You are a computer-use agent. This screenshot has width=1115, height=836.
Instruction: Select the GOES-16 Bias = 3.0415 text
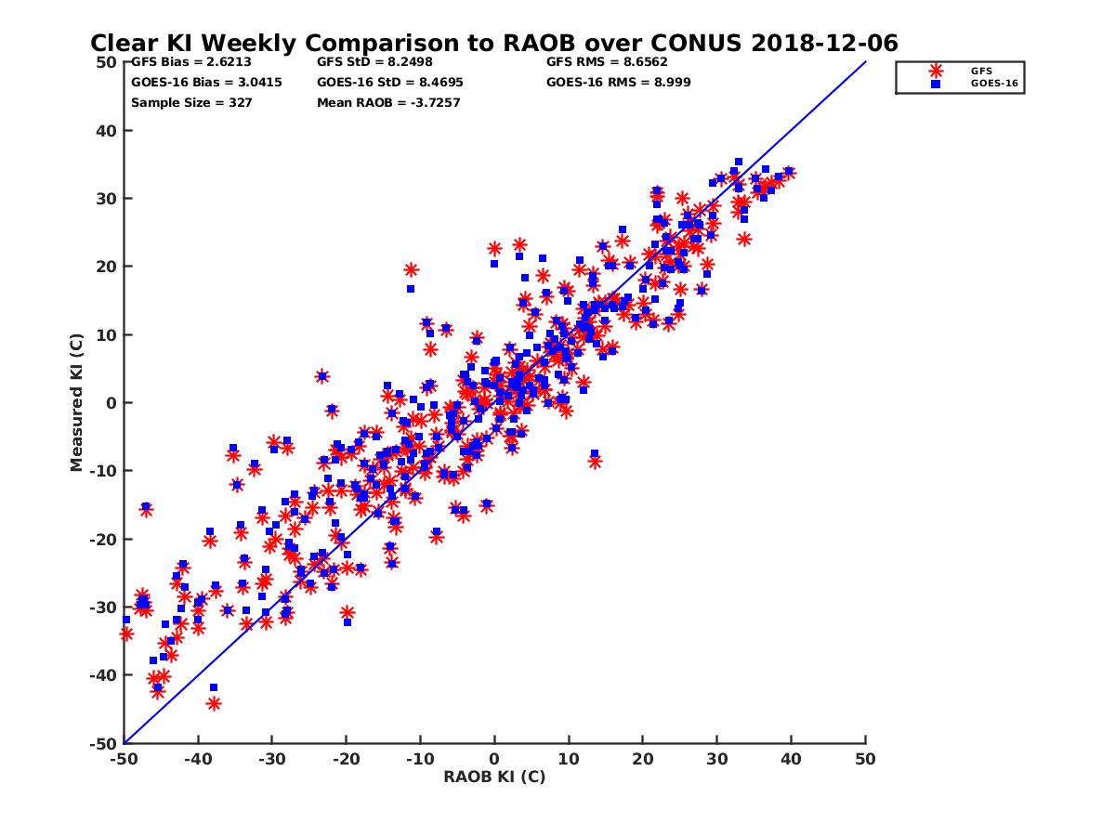(x=206, y=82)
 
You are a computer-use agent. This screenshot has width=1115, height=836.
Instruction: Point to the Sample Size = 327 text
(x=191, y=102)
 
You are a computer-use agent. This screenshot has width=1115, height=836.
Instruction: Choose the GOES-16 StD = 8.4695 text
(x=389, y=82)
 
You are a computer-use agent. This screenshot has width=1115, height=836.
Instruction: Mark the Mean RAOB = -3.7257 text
(x=388, y=102)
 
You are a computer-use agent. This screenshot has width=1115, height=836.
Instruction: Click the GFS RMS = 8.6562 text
(x=607, y=62)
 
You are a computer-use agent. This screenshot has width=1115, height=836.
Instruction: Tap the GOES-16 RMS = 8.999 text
(x=618, y=82)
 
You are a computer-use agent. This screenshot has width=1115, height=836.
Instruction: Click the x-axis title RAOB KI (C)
(x=494, y=777)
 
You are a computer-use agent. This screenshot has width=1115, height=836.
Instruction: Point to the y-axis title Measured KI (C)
(x=77, y=403)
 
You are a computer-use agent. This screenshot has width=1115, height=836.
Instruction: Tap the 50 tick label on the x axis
(x=865, y=760)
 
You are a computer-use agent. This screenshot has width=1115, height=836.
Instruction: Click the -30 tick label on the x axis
(x=271, y=760)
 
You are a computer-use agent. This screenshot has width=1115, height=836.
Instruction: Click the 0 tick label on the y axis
(x=111, y=403)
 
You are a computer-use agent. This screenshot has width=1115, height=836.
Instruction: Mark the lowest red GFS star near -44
(x=214, y=703)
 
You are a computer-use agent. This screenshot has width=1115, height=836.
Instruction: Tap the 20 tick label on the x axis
(x=643, y=760)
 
